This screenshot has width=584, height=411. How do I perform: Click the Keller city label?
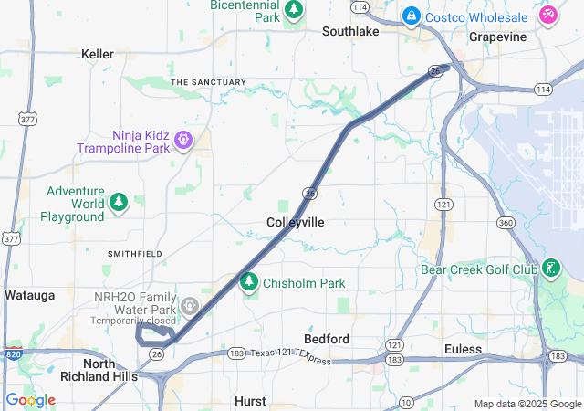(x=98, y=55)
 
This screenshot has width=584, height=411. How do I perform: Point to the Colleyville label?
(x=295, y=222)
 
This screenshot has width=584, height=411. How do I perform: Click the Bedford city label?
(x=326, y=339)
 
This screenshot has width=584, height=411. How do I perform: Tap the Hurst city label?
(x=250, y=401)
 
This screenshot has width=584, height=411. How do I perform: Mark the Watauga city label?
(x=29, y=295)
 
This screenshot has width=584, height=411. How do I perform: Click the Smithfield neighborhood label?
(x=134, y=253)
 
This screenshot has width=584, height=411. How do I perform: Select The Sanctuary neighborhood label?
(x=208, y=82)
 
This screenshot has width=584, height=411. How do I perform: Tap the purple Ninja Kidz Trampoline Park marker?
(x=183, y=140)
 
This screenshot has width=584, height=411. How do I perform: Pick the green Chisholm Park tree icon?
(x=248, y=282)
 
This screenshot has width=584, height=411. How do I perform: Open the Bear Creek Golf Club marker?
(x=550, y=269)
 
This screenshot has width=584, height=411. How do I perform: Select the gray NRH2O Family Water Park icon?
(x=190, y=306)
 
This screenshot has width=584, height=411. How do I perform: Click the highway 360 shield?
(x=505, y=223)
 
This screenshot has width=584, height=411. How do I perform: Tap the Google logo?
(x=30, y=400)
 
